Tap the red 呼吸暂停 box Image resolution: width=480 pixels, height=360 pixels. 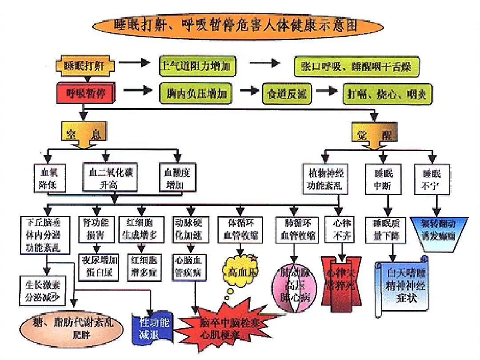[x=86, y=94]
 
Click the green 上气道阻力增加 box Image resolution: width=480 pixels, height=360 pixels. [x=197, y=67]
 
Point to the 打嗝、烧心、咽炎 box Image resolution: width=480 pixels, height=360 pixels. [x=387, y=93]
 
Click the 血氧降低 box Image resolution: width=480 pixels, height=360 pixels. [x=51, y=178]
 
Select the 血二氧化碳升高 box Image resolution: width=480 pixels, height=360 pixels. [x=108, y=178]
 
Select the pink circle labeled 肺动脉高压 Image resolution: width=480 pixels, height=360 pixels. [x=293, y=284]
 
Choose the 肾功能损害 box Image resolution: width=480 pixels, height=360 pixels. [x=96, y=228]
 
